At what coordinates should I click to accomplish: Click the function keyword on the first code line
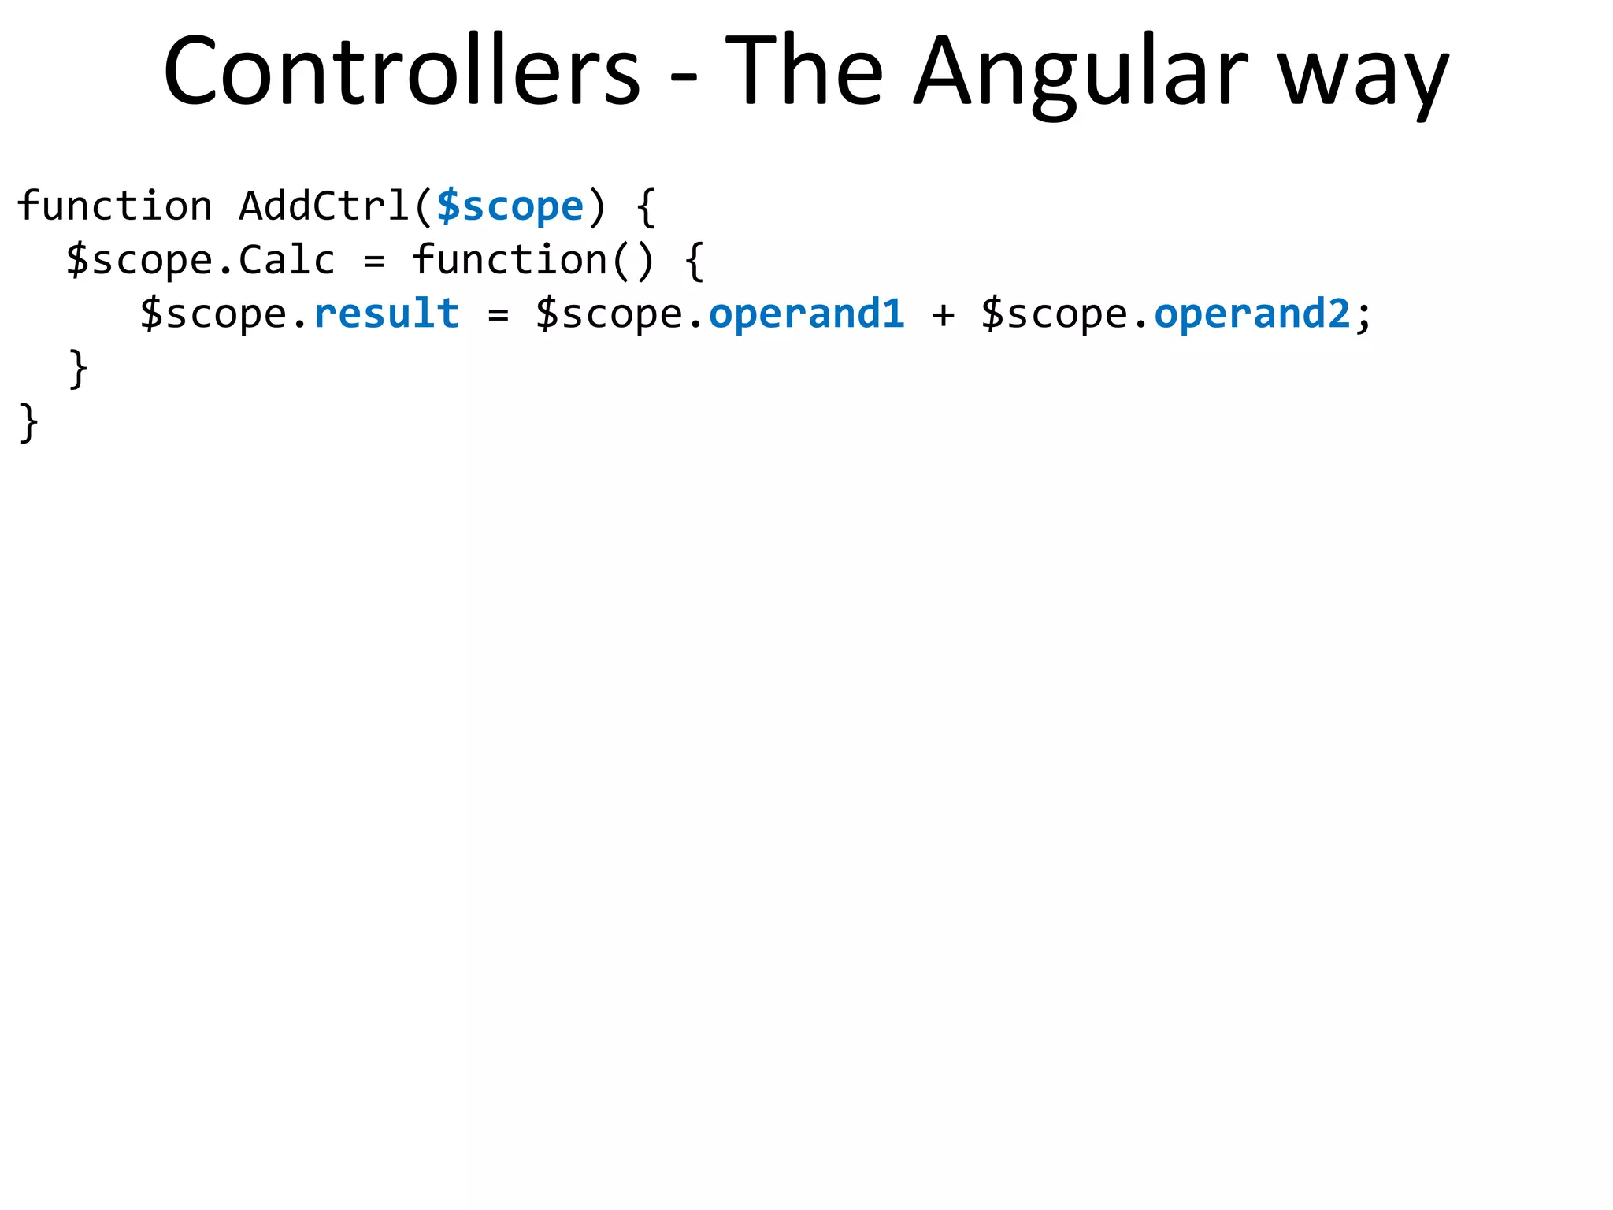click(x=115, y=206)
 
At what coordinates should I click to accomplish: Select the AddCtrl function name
click(x=323, y=206)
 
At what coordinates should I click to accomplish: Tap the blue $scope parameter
click(x=510, y=206)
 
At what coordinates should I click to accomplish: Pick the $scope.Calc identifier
click(x=201, y=260)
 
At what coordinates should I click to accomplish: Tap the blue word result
click(x=386, y=314)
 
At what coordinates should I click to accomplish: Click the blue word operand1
click(x=806, y=314)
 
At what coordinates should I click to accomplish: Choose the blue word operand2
click(x=1252, y=314)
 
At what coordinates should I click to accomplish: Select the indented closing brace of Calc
click(x=78, y=369)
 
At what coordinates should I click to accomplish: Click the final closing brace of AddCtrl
click(x=28, y=423)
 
